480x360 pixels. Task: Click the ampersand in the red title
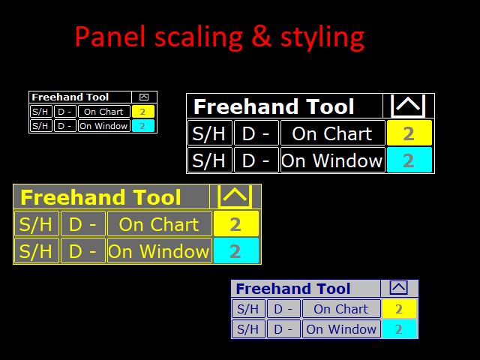tap(262, 37)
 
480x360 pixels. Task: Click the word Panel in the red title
tap(110, 37)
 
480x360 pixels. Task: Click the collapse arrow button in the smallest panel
tap(144, 97)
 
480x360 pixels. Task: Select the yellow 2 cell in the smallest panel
tap(143, 112)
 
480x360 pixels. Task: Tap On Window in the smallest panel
tap(104, 126)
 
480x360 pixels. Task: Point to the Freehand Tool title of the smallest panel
tap(70, 97)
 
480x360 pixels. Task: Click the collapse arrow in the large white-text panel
tap(408, 106)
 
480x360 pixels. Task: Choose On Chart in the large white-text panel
tap(332, 133)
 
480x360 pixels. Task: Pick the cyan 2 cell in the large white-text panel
tap(409, 160)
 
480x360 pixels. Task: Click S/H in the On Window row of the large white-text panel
tap(209, 160)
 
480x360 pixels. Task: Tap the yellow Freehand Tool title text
tap(100, 197)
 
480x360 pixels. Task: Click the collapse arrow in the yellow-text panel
tap(235, 196)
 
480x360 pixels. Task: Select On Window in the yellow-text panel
tap(159, 251)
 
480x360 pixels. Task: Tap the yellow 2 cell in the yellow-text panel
tap(236, 223)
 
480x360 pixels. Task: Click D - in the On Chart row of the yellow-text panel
tap(83, 223)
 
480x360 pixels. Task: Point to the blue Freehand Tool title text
tap(293, 289)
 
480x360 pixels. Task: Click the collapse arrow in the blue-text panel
tap(398, 288)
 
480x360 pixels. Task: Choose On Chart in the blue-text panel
tap(341, 309)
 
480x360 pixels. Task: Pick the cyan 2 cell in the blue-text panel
tap(399, 329)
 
